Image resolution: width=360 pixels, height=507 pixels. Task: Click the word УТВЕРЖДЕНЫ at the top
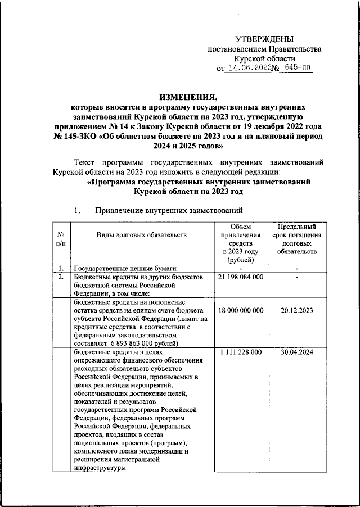coord(264,39)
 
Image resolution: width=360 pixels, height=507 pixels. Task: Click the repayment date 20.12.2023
coord(296,311)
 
